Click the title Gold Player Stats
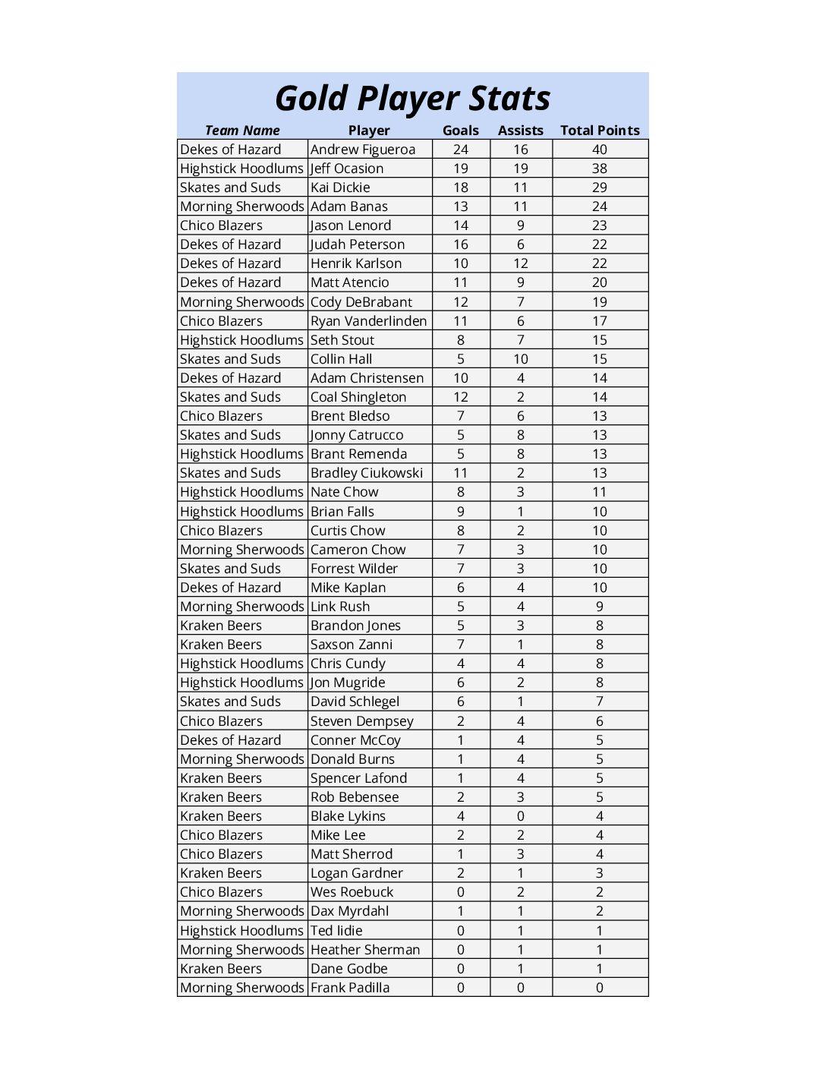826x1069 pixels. [412, 99]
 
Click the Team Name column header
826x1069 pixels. [242, 131]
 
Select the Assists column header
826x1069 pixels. [520, 131]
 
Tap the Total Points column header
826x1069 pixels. [600, 131]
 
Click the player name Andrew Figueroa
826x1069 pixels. [363, 150]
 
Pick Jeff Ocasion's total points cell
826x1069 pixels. [600, 169]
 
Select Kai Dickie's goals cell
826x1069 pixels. [461, 188]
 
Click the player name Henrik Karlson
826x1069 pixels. [356, 263]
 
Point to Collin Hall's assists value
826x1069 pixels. [520, 359]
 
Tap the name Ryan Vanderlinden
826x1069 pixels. [369, 321]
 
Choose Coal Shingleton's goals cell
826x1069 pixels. [461, 397]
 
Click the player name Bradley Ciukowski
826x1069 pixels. [367, 473]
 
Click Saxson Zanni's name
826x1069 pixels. [352, 645]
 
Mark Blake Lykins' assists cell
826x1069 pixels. [520, 816]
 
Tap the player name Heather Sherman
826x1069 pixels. [365, 950]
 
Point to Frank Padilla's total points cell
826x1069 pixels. [600, 988]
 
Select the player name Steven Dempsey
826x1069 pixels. [362, 721]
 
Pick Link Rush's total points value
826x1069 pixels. [600, 607]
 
